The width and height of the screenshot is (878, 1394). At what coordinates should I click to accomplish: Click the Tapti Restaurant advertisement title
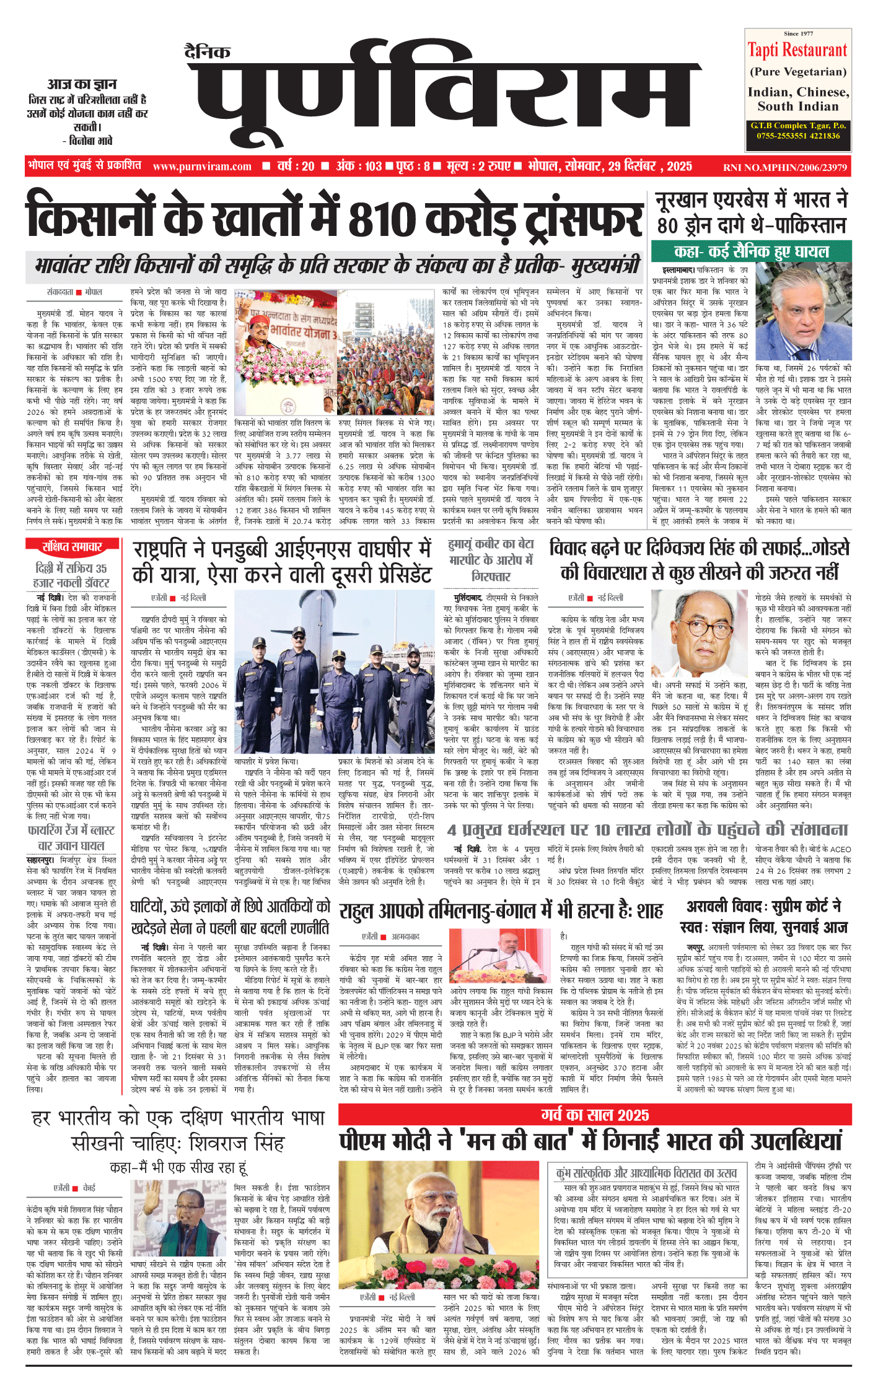797,50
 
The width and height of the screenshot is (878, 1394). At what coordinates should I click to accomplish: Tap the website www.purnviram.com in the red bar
202,167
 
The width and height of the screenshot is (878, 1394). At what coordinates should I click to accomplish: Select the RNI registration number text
784,167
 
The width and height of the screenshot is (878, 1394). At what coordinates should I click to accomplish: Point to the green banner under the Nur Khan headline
751,251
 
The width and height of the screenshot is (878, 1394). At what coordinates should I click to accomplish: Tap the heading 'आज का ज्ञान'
82,84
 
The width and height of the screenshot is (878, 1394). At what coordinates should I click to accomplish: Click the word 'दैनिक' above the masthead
208,52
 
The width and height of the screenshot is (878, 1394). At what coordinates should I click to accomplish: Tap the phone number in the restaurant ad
798,136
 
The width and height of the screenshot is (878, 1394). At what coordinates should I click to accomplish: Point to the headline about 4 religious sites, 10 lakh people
647,830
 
